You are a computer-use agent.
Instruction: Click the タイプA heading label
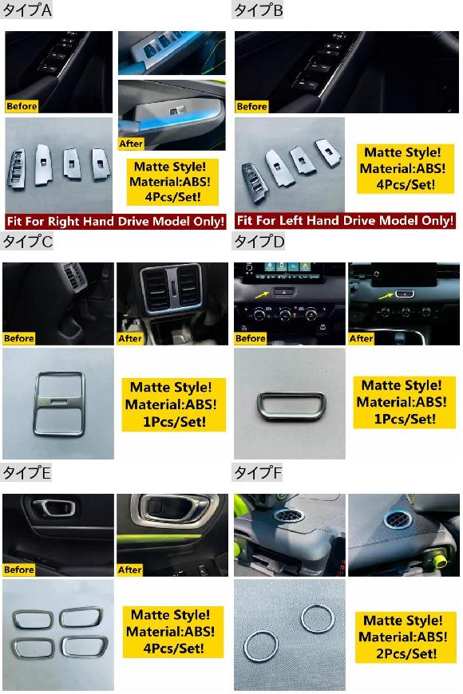pyautogui.click(x=26, y=10)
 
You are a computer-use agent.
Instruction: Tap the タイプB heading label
pyautogui.click(x=258, y=10)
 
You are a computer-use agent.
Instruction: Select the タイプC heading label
pyautogui.click(x=27, y=242)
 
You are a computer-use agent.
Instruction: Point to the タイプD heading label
pyautogui.click(x=259, y=242)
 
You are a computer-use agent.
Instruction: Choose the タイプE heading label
pyautogui.click(x=26, y=473)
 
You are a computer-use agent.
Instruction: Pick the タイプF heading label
pyautogui.click(x=257, y=473)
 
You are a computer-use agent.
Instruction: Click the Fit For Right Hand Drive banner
pyautogui.click(x=116, y=221)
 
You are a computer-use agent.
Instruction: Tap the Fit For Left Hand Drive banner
pyautogui.click(x=345, y=220)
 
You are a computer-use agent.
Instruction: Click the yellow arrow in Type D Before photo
pyautogui.click(x=262, y=294)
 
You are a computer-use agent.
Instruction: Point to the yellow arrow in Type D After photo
pyautogui.click(x=386, y=295)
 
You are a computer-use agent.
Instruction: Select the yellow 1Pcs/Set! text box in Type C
pyautogui.click(x=174, y=404)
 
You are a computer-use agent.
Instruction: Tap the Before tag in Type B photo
pyautogui.click(x=251, y=107)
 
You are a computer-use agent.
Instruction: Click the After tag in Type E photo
pyautogui.click(x=129, y=570)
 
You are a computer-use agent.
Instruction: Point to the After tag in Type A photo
pyautogui.click(x=131, y=144)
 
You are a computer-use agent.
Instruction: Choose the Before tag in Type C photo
pyautogui.click(x=19, y=338)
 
